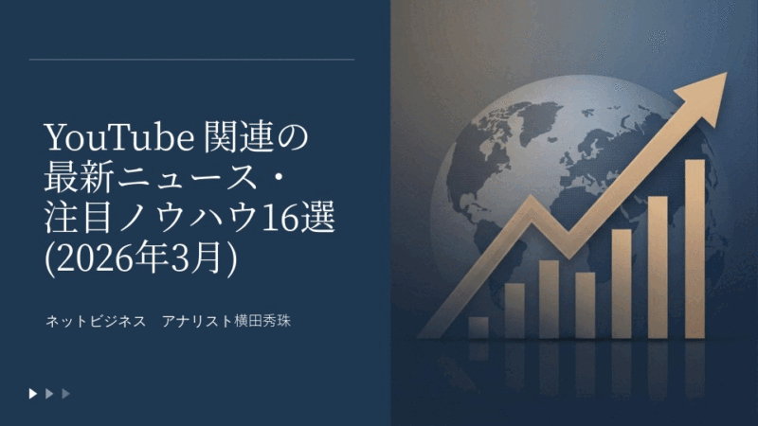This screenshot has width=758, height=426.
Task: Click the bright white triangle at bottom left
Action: pos(33,393)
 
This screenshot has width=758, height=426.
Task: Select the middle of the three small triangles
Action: pos(49,393)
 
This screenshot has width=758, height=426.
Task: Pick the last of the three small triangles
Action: pos(65,393)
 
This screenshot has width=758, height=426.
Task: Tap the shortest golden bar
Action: pos(478,328)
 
